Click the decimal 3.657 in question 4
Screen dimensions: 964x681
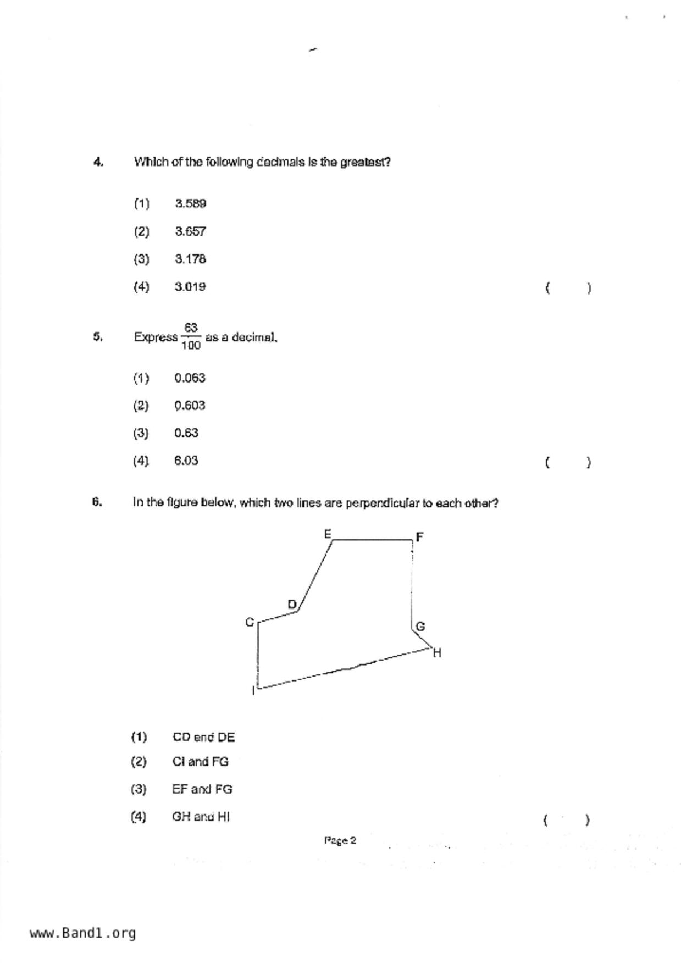[x=190, y=231]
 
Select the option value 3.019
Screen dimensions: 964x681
[x=190, y=287]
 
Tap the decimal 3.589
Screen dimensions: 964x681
[x=190, y=204]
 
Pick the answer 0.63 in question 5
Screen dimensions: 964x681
[x=186, y=433]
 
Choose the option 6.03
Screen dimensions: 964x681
[x=186, y=461]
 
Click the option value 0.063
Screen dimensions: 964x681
[x=190, y=378]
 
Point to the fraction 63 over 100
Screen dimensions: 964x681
[x=191, y=336]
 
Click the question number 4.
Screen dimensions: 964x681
[x=98, y=162]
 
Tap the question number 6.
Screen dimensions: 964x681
[x=97, y=502]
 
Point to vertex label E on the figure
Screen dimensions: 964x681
[x=328, y=534]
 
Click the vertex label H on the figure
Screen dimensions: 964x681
[x=438, y=653]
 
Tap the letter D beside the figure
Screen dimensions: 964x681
[x=292, y=605]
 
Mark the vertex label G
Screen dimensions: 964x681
[x=420, y=626]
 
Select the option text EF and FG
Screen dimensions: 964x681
[x=202, y=789]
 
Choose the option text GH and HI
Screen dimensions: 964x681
[x=201, y=817]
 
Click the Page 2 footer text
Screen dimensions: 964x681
[x=340, y=840]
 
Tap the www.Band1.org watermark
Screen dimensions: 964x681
[x=83, y=933]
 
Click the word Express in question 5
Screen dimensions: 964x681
[x=156, y=337]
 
